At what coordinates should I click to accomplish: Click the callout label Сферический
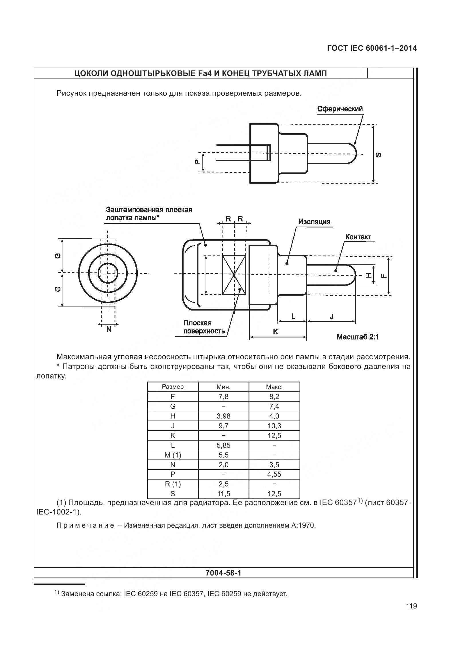tap(340, 109)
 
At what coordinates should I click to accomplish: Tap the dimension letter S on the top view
tap(379, 155)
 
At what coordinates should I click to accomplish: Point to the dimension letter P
tap(197, 162)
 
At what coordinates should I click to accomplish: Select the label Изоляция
tap(314, 221)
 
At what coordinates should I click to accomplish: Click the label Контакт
tap(358, 237)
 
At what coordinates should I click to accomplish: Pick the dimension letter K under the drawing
tap(275, 332)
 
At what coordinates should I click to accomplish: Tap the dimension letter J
tap(332, 316)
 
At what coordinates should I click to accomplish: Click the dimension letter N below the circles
tap(109, 329)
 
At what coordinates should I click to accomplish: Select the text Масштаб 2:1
tap(358, 337)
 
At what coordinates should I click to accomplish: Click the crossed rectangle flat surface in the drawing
tap(234, 275)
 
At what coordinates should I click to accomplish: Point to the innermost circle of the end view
tap(108, 273)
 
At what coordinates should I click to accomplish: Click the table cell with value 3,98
tap(223, 416)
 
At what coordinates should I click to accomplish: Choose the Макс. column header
tap(274, 387)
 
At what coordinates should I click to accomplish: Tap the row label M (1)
tap(173, 455)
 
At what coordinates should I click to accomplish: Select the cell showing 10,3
tap(274, 426)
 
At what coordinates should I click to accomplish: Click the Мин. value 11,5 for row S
tap(223, 494)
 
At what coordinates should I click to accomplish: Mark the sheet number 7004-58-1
tap(223, 573)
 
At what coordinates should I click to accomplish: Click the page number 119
tap(411, 614)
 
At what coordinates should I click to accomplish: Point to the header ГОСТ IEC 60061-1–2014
tap(372, 48)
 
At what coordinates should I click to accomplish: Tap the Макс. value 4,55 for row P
tap(274, 474)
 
